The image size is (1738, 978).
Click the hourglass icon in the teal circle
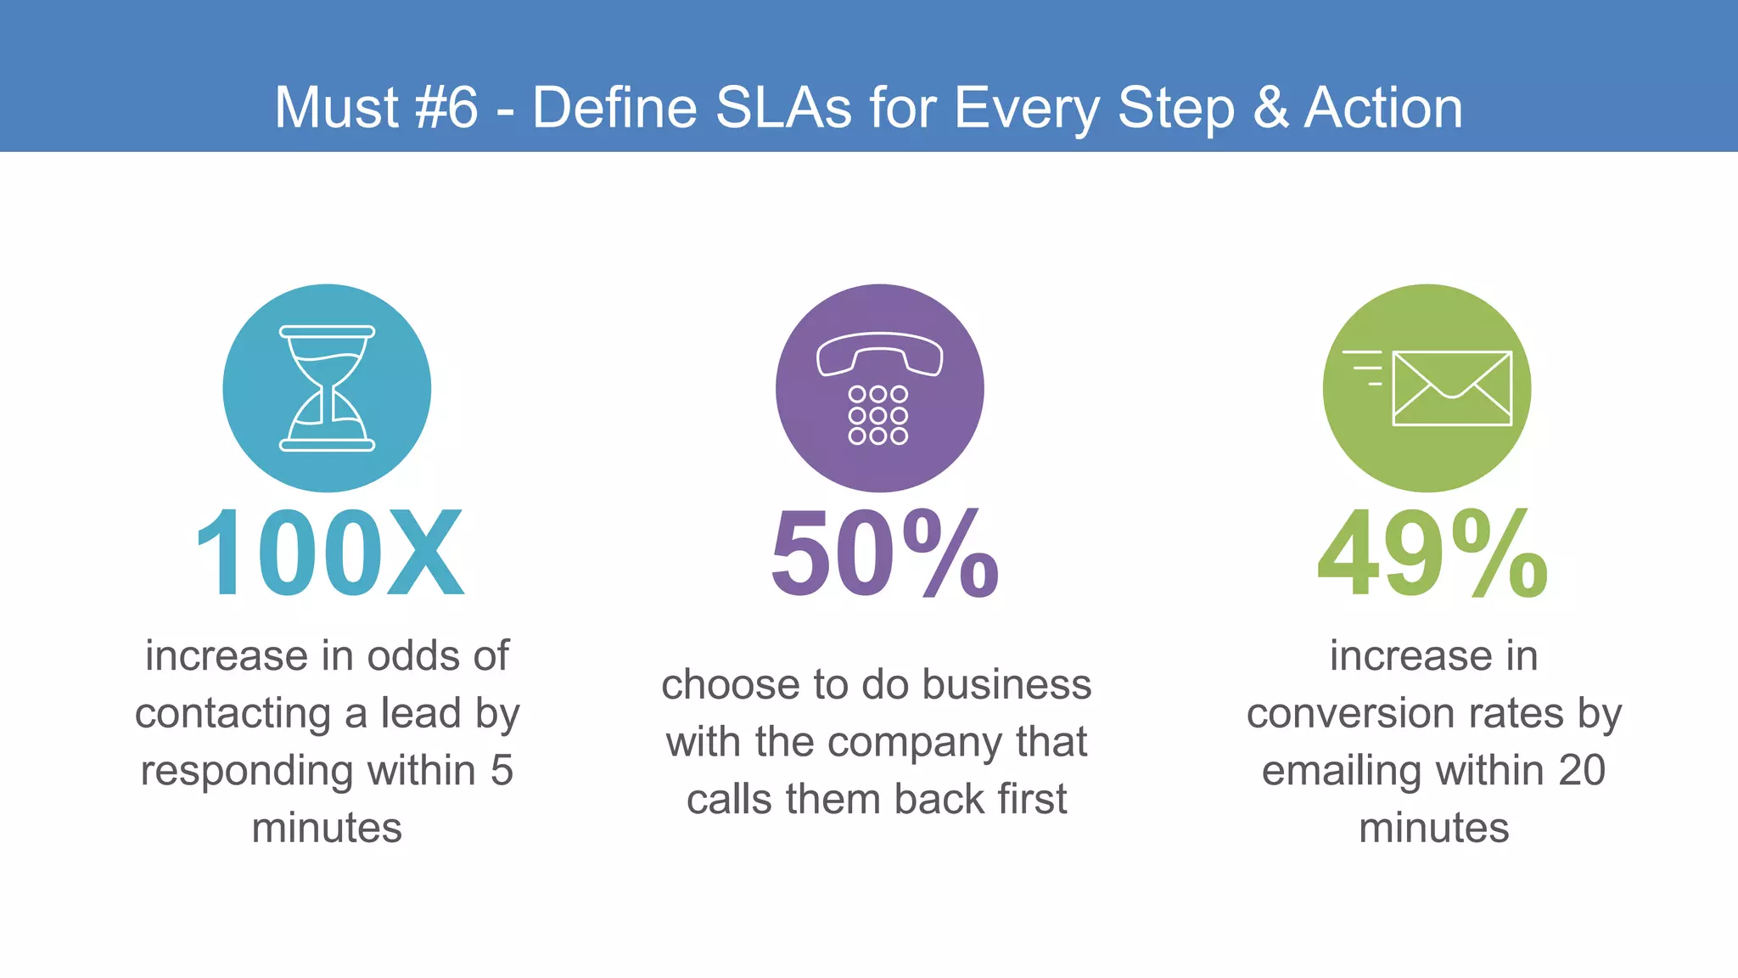pos(327,388)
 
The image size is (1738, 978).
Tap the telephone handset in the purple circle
pos(879,353)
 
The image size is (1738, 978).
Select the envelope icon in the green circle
pos(1452,388)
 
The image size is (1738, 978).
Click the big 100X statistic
pos(329,554)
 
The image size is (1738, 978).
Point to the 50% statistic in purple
pos(884,554)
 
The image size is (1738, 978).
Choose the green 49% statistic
pos(1432,554)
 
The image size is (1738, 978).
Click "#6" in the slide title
pos(447,108)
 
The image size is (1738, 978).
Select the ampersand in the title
pos(1270,108)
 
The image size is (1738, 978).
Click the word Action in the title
pos(1383,108)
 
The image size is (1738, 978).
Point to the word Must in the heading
pos(337,108)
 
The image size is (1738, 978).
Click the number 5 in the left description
pos(502,770)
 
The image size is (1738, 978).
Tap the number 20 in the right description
pos(1581,770)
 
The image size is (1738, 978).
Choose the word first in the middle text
pos(1032,799)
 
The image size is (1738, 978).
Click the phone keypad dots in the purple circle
pos(878,415)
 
